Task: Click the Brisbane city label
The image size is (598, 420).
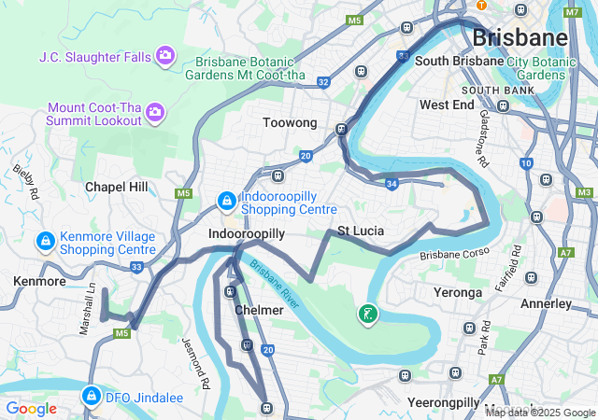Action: [520, 38]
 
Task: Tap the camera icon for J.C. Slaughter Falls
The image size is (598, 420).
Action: [165, 56]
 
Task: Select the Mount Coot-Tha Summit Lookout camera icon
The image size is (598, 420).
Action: [155, 113]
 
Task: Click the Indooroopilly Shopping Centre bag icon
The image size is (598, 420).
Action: [226, 200]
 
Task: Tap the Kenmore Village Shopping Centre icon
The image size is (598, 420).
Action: [44, 243]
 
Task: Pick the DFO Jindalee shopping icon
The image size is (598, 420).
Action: [91, 395]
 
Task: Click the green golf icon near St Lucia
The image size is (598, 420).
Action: [369, 314]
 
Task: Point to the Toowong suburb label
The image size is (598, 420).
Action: [290, 123]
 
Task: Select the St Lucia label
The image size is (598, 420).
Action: [361, 231]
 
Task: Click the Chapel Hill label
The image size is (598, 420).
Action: [117, 187]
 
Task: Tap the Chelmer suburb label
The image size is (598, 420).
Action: [252, 310]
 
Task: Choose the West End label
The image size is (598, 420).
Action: [447, 105]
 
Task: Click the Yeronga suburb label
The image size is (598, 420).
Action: [458, 292]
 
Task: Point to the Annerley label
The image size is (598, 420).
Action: [545, 303]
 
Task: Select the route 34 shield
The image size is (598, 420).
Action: [392, 185]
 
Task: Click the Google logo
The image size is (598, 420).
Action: [31, 408]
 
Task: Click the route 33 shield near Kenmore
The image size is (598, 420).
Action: [136, 267]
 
